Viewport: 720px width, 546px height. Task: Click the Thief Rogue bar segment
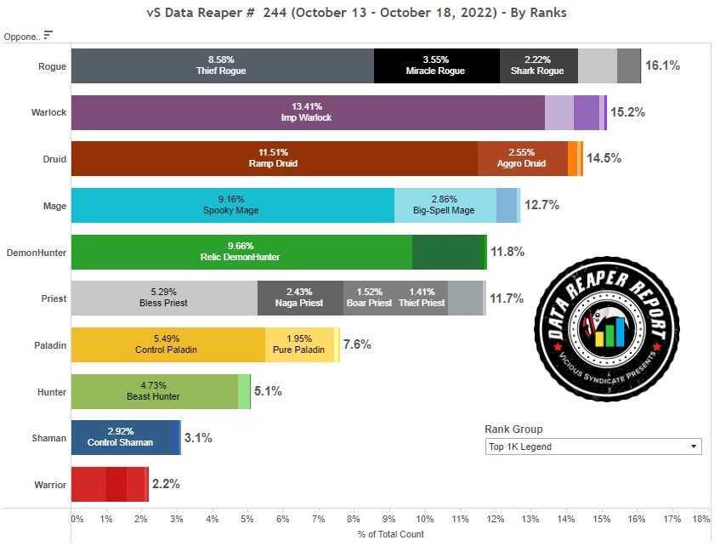point(223,65)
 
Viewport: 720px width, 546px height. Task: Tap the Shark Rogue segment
point(538,65)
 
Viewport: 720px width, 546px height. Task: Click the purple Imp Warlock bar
point(307,112)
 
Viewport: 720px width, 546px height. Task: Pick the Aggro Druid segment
point(522,159)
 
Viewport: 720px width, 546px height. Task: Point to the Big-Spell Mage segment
point(445,206)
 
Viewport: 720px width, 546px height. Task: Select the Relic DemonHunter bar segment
point(241,252)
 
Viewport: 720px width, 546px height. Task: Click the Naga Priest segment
point(300,299)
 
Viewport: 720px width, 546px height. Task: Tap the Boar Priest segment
point(369,299)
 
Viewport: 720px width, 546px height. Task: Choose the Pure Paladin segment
point(300,345)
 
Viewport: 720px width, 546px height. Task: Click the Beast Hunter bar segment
point(154,391)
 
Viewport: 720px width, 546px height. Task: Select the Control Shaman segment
point(123,438)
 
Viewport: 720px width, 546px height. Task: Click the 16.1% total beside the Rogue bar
point(662,65)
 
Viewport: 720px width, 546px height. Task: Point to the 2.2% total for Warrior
point(166,485)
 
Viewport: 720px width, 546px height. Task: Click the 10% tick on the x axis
point(425,518)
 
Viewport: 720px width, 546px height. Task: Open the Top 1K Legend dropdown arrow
point(694,446)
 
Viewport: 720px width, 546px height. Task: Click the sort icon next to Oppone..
point(48,35)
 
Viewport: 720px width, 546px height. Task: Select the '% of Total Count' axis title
point(391,534)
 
